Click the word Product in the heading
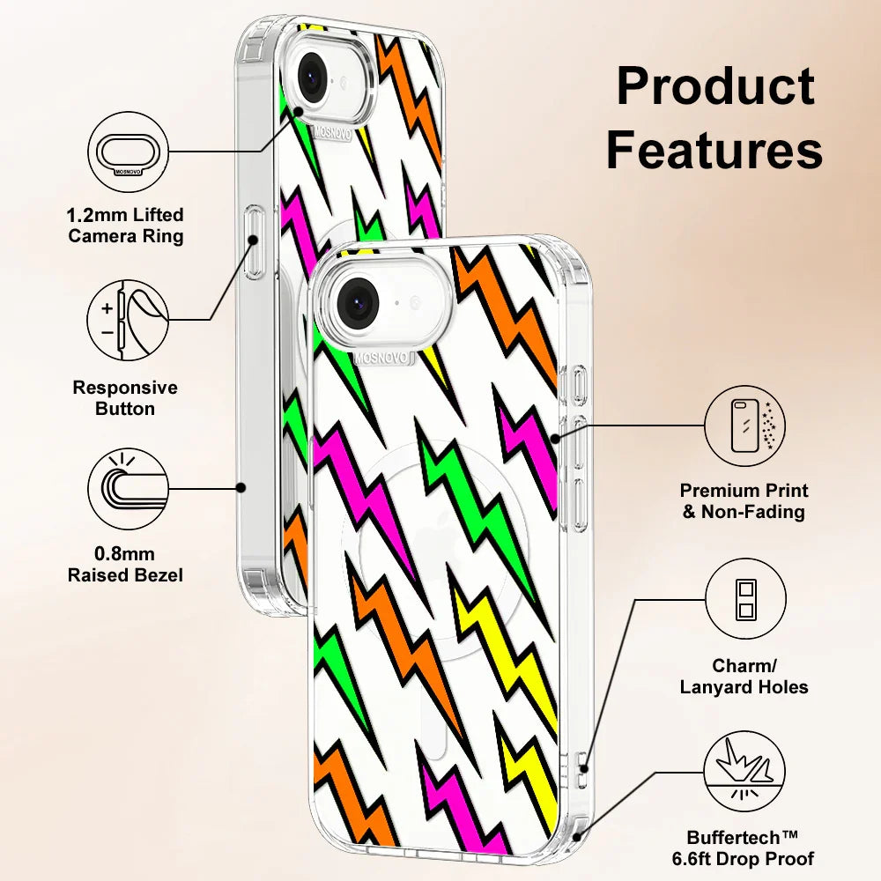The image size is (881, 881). pos(715,88)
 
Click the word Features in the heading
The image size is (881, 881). pos(714,150)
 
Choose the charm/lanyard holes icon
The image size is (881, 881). pos(744,599)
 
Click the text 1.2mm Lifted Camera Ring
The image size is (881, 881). pos(126,226)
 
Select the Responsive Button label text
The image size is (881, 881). pos(125,398)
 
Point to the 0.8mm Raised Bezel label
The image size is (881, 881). pos(126,565)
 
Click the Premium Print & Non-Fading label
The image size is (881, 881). pos(744,500)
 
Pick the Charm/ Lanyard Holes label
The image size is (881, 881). pos(744,677)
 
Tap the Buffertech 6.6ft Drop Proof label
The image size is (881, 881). pos(751,848)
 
